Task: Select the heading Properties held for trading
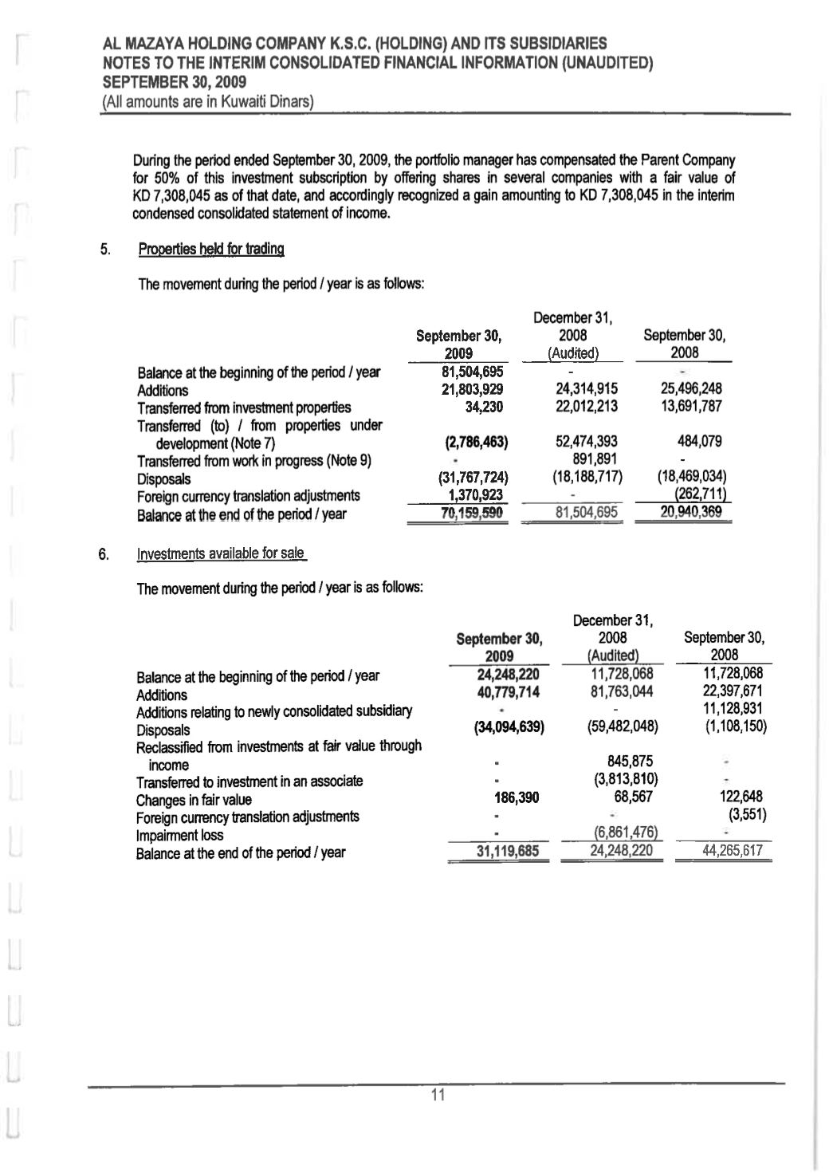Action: pyautogui.click(x=211, y=249)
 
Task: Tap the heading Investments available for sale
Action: pyautogui.click(x=222, y=554)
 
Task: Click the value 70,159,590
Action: pyautogui.click(x=474, y=514)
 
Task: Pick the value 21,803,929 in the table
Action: pyautogui.click(x=474, y=390)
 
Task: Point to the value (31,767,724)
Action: pyautogui.click(x=474, y=478)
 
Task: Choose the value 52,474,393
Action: pyautogui.click(x=587, y=442)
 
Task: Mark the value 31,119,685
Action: pyautogui.click(x=507, y=851)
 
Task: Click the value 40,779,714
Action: pyautogui.click(x=507, y=692)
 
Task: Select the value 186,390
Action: pyautogui.click(x=517, y=797)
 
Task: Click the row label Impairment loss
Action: pyautogui.click(x=179, y=836)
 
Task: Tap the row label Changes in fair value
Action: pyautogui.click(x=194, y=800)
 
